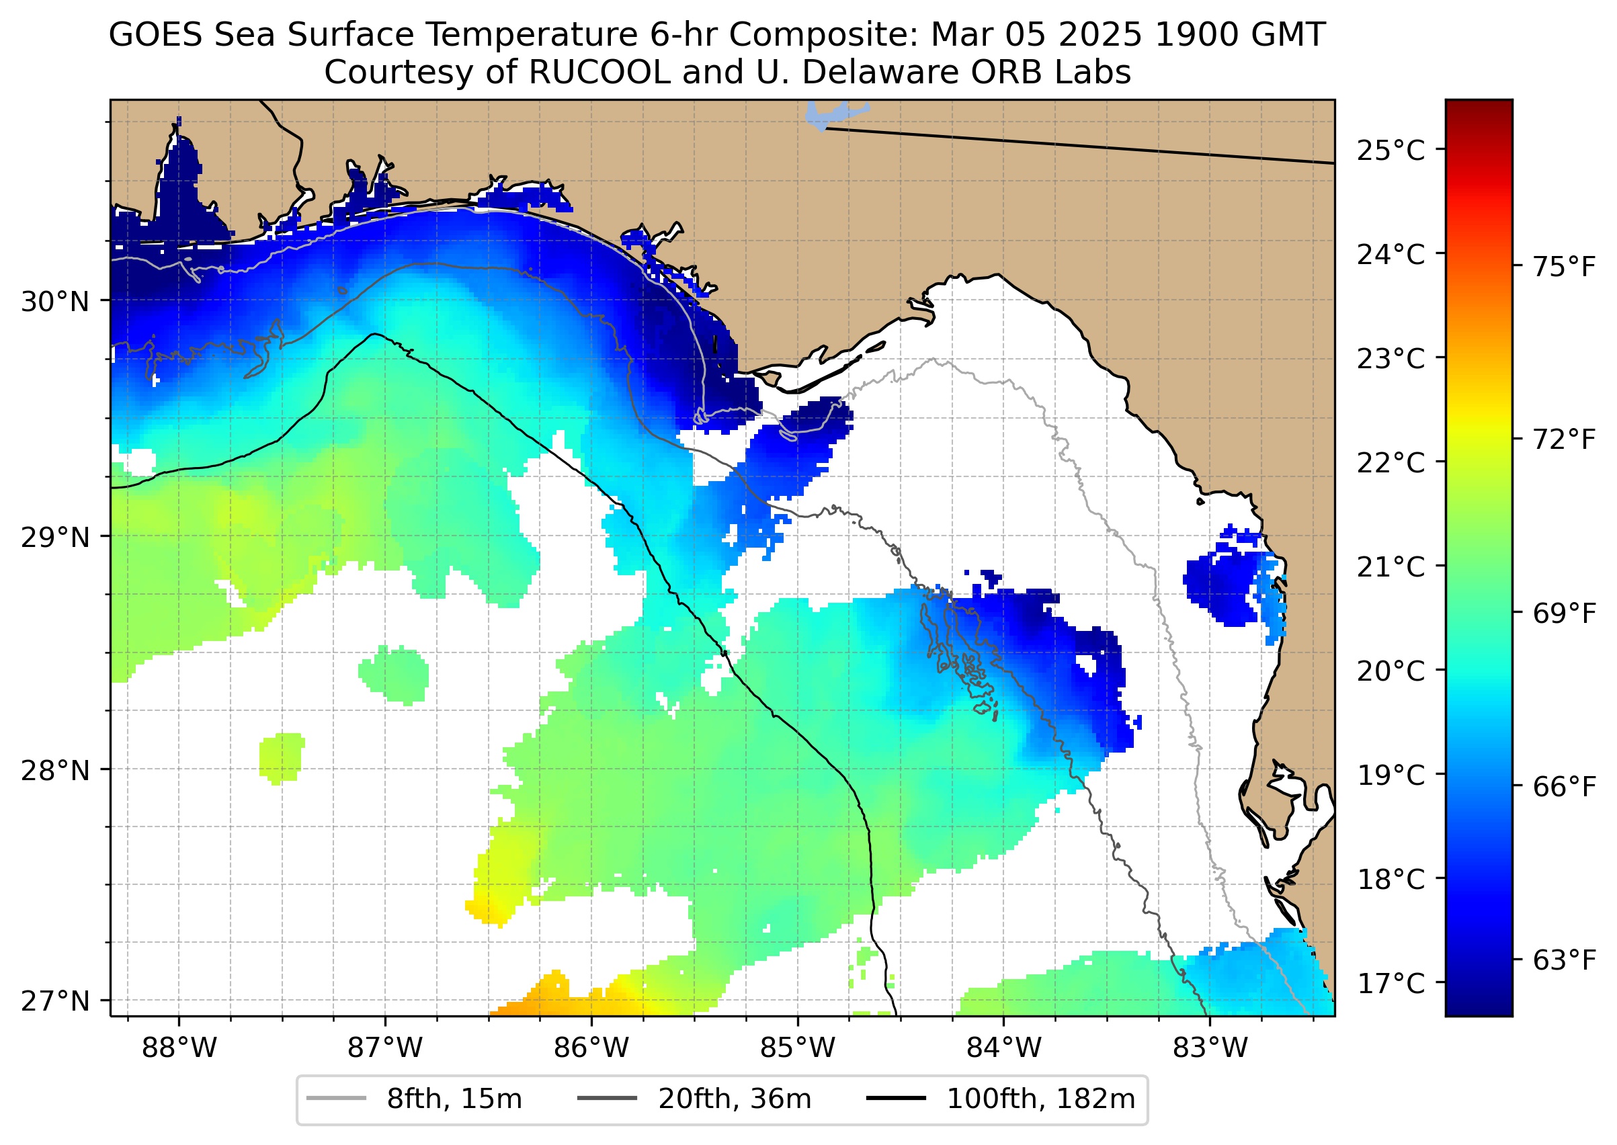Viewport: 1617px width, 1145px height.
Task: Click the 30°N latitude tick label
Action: click(x=55, y=302)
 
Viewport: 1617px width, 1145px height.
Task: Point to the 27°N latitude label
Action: click(x=55, y=1001)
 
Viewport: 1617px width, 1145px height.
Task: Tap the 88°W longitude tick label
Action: click(x=179, y=1048)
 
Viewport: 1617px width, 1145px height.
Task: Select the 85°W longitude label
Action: click(x=798, y=1048)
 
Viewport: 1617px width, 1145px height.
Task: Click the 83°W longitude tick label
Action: click(x=1210, y=1048)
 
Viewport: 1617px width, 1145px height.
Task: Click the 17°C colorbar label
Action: click(x=1391, y=983)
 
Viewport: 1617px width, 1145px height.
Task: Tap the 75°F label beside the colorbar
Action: click(x=1564, y=268)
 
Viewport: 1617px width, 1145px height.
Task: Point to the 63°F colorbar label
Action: click(x=1564, y=960)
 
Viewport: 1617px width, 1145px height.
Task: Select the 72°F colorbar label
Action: click(x=1564, y=440)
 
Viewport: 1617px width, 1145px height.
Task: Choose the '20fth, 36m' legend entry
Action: click(x=734, y=1099)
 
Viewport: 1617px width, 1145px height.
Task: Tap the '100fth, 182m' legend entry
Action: click(x=1040, y=1099)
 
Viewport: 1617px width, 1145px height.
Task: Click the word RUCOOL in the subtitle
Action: click(x=599, y=72)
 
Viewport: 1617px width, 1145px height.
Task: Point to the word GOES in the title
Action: click(x=156, y=35)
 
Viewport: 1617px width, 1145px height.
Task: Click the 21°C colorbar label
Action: click(x=1391, y=567)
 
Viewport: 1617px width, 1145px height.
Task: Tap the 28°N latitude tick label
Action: click(x=55, y=771)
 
